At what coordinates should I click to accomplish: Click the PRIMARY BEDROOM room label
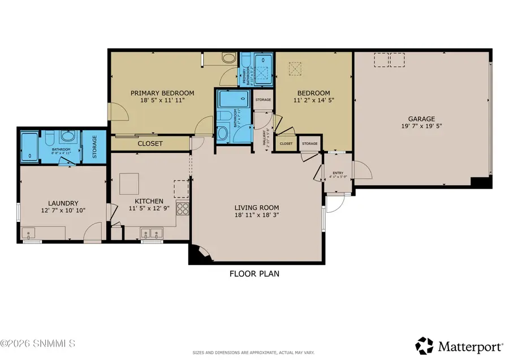coord(162,93)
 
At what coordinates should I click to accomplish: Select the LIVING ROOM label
coord(257,207)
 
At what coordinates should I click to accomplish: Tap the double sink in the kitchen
coord(152,233)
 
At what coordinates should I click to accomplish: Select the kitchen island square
coord(130,184)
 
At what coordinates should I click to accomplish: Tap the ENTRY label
coord(338,173)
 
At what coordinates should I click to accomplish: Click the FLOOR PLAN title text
coord(254,274)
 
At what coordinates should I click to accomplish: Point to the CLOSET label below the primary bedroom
coord(150,144)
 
